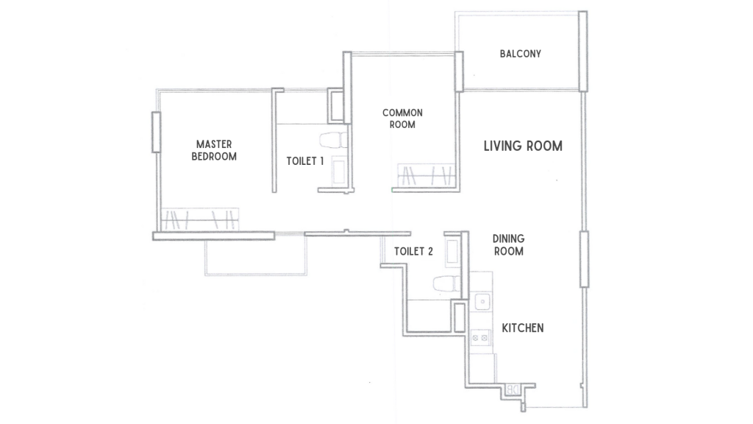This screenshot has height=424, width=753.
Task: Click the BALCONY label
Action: (520, 54)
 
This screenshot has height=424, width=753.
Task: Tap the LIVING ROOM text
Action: (523, 146)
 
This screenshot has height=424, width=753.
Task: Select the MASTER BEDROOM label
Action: (214, 150)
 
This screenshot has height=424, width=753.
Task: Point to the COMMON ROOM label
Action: (402, 119)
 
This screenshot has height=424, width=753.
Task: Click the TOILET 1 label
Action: (305, 161)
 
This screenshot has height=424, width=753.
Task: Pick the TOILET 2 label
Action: (413, 252)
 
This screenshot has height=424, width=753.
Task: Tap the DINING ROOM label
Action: (508, 245)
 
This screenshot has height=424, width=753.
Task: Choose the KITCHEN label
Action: (523, 328)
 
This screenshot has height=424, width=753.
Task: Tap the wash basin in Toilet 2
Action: (453, 250)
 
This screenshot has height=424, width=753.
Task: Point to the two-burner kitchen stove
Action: (481, 338)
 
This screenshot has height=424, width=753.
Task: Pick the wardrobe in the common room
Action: (426, 176)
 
